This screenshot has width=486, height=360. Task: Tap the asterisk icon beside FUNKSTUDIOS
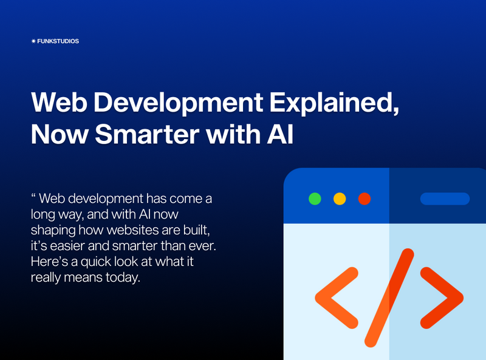pyautogui.click(x=33, y=41)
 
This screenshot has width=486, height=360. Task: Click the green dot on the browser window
pyautogui.click(x=315, y=199)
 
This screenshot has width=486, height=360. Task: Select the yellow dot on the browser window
pyautogui.click(x=340, y=199)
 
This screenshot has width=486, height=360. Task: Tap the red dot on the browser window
pyautogui.click(x=364, y=199)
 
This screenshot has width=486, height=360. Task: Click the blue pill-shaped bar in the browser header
pyautogui.click(x=445, y=199)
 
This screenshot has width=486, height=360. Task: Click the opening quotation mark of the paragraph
pyautogui.click(x=33, y=197)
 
